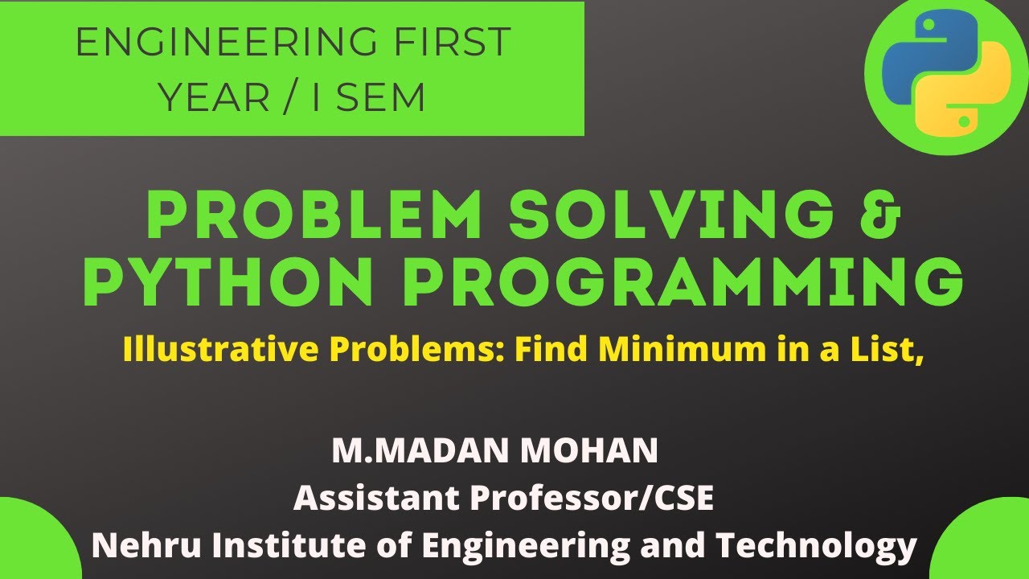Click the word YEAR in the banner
(x=213, y=98)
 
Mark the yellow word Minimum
(x=666, y=351)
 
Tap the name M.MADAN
(x=420, y=451)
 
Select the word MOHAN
(x=590, y=451)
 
